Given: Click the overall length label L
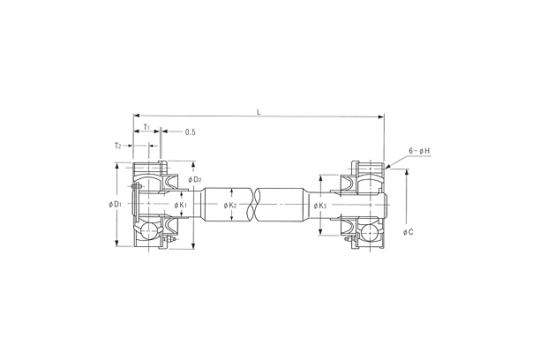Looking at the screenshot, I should pos(259,111).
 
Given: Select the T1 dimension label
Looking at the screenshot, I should pos(146,127).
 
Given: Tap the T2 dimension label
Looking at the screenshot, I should pos(117,145).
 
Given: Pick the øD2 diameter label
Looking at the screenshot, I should pos(195,180).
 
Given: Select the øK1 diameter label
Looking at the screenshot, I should pos(181,206).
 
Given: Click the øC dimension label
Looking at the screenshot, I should pos(409,233).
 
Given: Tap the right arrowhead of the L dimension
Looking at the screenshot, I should pos(381,116).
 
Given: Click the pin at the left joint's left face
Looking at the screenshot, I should pos(135,186).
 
